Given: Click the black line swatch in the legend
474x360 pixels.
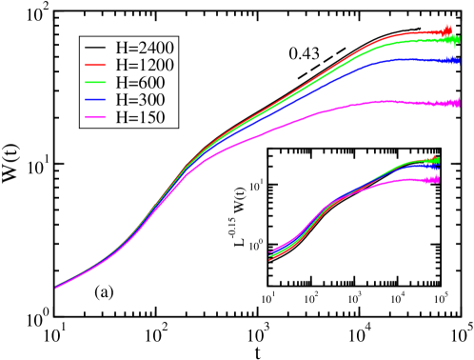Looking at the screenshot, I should click(x=95, y=47).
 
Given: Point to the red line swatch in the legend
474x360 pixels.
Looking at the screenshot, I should click(x=95, y=65).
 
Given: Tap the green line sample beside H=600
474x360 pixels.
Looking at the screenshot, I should click(x=95, y=83).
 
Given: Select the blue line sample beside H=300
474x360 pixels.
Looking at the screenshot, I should click(x=95, y=100).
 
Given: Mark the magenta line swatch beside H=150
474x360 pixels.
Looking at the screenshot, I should click(x=95, y=118).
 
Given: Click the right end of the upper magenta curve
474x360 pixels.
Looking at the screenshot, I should click(x=460, y=103).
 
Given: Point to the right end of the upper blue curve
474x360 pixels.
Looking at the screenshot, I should click(x=460, y=60).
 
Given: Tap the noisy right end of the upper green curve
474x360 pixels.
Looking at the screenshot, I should click(x=458, y=41).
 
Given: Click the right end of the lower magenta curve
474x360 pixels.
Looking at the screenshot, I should click(x=439, y=179).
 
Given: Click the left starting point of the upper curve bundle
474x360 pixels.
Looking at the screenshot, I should click(x=56, y=287).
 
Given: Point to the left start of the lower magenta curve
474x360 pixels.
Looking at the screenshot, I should click(x=271, y=252).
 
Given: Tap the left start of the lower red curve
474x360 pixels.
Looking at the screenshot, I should click(x=271, y=258).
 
